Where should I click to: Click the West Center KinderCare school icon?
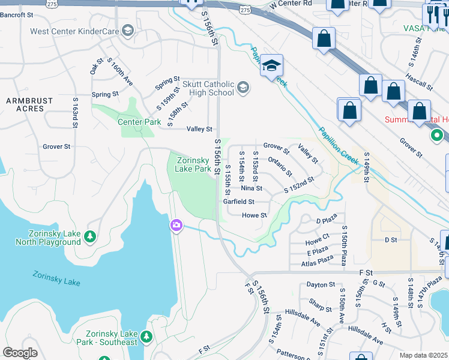127,31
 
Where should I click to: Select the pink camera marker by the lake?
176,225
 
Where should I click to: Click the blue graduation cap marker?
271,65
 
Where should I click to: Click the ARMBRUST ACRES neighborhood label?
25,104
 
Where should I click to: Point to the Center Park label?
139,122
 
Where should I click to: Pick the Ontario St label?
280,167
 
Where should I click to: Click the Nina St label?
251,188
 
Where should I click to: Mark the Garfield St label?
239,202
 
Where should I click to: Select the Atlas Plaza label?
317,259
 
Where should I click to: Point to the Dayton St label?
320,284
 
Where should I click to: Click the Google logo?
20,353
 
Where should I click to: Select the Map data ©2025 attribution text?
423,355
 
